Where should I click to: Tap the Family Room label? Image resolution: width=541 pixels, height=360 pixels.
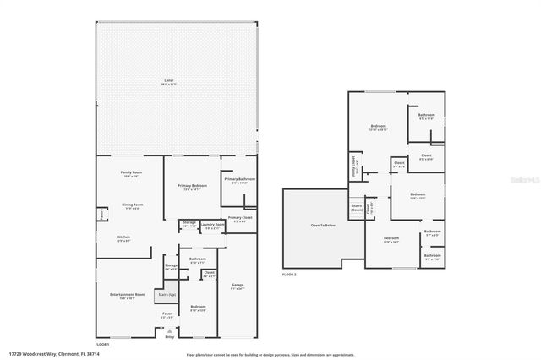131,172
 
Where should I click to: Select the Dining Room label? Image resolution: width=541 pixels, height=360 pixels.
131,205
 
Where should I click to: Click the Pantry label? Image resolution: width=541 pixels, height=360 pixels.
101,215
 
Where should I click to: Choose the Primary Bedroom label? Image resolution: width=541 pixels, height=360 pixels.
192,185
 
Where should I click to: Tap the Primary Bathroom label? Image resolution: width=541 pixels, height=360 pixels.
239,179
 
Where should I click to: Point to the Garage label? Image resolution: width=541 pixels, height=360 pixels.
238,286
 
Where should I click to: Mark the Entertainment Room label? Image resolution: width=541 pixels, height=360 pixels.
127,295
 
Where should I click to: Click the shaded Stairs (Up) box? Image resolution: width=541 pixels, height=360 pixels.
166,295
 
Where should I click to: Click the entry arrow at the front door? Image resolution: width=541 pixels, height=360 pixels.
168,330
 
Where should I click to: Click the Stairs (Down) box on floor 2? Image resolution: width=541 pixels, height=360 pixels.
357,208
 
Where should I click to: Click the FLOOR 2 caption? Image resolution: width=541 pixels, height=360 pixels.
291,275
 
